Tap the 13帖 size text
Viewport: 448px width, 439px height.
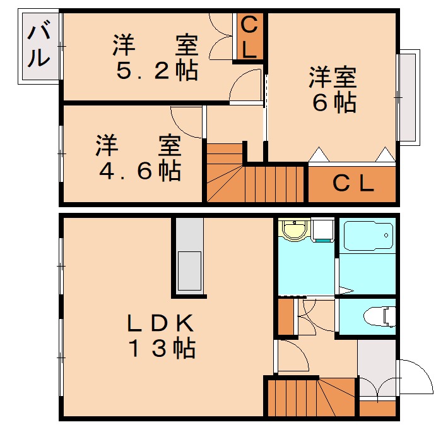coord(162,348)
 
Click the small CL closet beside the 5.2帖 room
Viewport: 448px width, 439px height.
coord(250,38)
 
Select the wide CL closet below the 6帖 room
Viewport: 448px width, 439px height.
coord(353,184)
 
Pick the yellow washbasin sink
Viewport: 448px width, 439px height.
coord(293,230)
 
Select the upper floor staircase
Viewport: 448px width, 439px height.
coord(252,177)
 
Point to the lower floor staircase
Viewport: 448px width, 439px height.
coord(309,398)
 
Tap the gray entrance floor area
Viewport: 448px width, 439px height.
coord(377,366)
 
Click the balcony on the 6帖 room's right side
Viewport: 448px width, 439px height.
coord(408,98)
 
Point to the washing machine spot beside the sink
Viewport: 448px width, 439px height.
coord(322,231)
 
